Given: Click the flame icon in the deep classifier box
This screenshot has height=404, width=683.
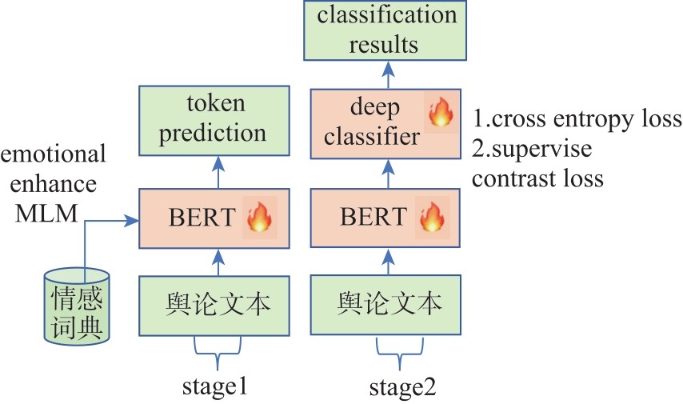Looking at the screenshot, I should (440, 113).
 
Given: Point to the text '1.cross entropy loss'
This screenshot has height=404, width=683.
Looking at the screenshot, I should (577, 120).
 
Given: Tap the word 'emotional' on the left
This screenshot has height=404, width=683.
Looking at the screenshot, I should (53, 153).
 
